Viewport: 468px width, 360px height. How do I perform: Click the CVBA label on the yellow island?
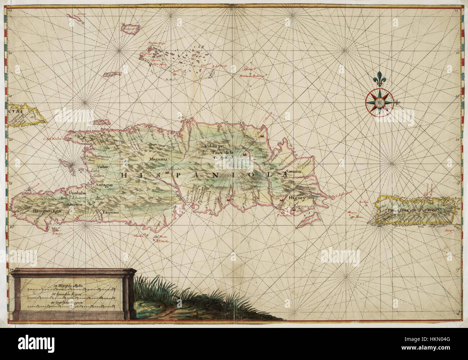pyautogui.click(x=17, y=111)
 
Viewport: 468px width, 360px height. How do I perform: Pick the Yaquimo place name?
pyautogui.click(x=110, y=212)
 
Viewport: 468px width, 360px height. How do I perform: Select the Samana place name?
pyautogui.click(x=293, y=172)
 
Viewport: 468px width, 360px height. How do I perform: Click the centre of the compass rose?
pyautogui.click(x=378, y=103)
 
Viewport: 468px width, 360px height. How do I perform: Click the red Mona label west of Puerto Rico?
pyautogui.click(x=359, y=217)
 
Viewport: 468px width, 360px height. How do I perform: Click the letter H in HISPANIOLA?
pyautogui.click(x=125, y=175)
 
